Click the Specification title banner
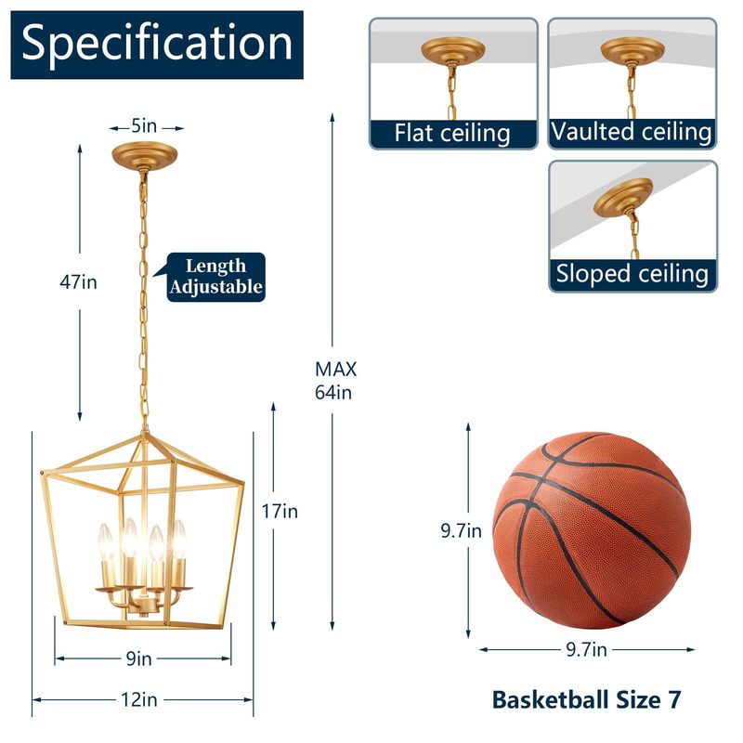coord(157,44)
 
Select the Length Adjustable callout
coord(215,277)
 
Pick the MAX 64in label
coord(335,380)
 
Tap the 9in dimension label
coord(138,658)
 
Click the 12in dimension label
coord(138,699)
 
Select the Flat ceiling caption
coord(452,133)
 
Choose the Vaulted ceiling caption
coord(632,132)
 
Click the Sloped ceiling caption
coord(632,274)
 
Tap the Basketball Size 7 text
coord(585,699)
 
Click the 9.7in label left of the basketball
coord(462,531)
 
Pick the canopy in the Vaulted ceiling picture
coord(632,49)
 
